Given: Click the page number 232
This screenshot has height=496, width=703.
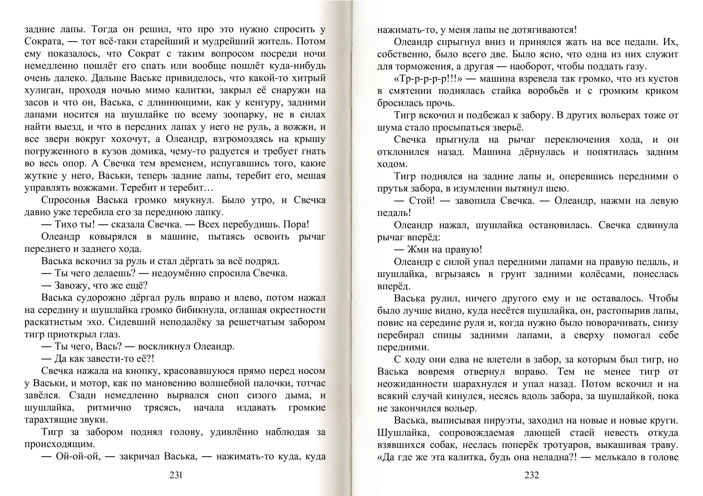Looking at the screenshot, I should click(531, 475).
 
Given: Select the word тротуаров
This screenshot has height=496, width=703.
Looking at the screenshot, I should click(561, 445).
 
